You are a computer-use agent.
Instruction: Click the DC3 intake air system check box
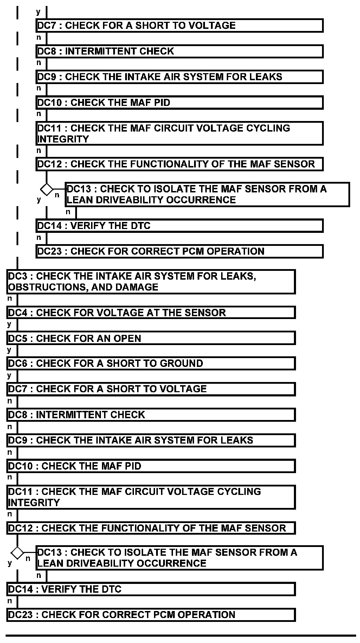point(150,281)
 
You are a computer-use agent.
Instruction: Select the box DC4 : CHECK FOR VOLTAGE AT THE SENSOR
point(150,313)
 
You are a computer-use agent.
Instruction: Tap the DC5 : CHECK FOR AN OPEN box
point(150,338)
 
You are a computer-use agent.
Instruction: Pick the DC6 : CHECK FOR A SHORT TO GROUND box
point(150,363)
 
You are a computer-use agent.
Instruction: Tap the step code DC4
point(17,313)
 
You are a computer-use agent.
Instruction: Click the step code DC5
point(17,338)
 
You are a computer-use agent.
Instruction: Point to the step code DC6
point(17,363)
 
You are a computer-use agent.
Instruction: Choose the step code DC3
point(17,276)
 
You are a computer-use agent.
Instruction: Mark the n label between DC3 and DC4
point(9,299)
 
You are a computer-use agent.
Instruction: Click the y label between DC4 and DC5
point(9,324)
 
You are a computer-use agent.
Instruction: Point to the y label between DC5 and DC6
point(9,350)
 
